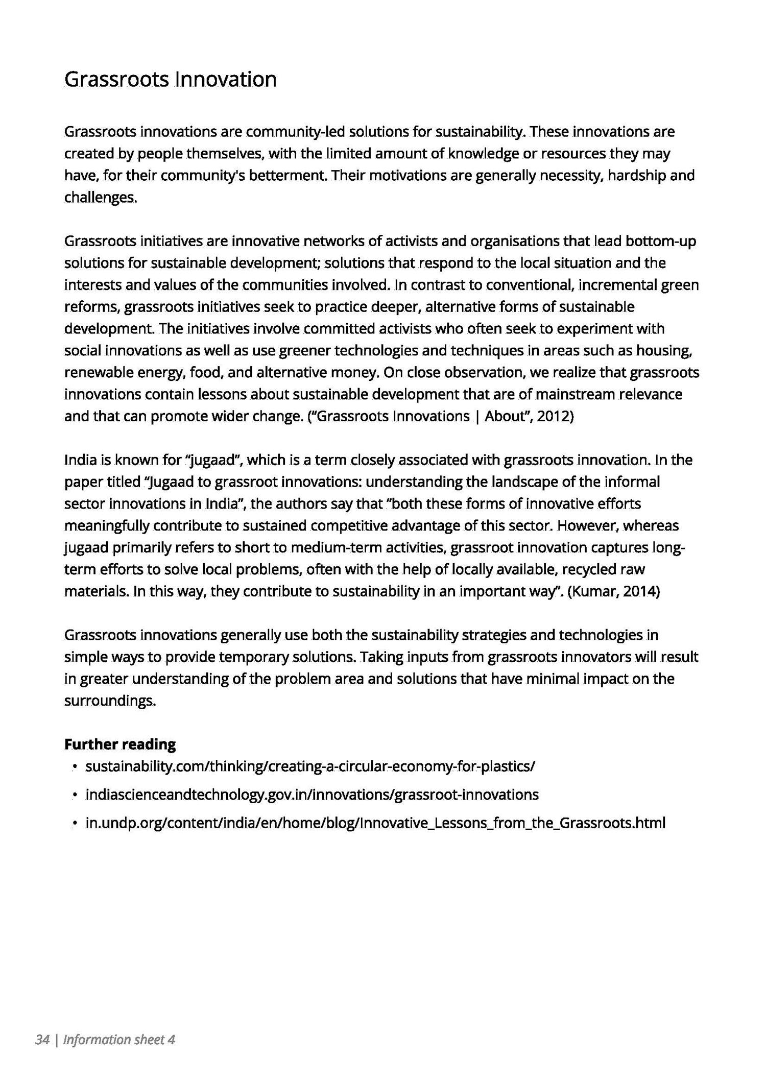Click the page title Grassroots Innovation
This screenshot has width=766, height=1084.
coord(170,80)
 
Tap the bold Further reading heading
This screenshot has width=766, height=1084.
coord(120,744)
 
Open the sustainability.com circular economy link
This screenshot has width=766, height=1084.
coord(310,766)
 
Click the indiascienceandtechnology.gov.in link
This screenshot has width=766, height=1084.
coord(312,794)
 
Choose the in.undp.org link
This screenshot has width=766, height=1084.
coord(375,823)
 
